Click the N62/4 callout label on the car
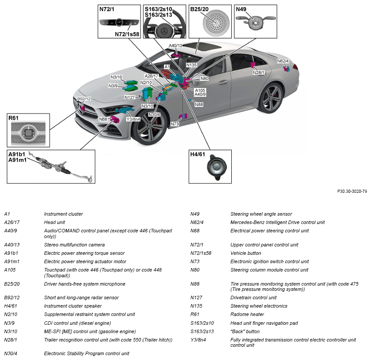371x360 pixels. [283, 61]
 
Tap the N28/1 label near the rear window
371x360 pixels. [259, 73]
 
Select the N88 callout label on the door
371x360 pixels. [199, 104]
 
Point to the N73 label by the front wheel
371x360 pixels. [175, 124]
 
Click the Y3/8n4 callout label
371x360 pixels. [133, 119]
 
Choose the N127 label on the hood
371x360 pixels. [130, 97]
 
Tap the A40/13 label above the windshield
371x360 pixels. [175, 46]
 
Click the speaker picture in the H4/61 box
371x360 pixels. [216, 167]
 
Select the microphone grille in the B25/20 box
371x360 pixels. [216, 23]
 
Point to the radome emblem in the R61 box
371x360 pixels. [28, 133]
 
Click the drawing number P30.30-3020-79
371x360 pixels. [352, 191]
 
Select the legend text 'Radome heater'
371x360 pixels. [247, 314]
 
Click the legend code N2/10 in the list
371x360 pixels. [11, 314]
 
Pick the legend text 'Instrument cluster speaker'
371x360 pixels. [73, 306]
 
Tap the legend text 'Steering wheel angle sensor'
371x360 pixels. [261, 214]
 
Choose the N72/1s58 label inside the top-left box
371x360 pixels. [127, 34]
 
